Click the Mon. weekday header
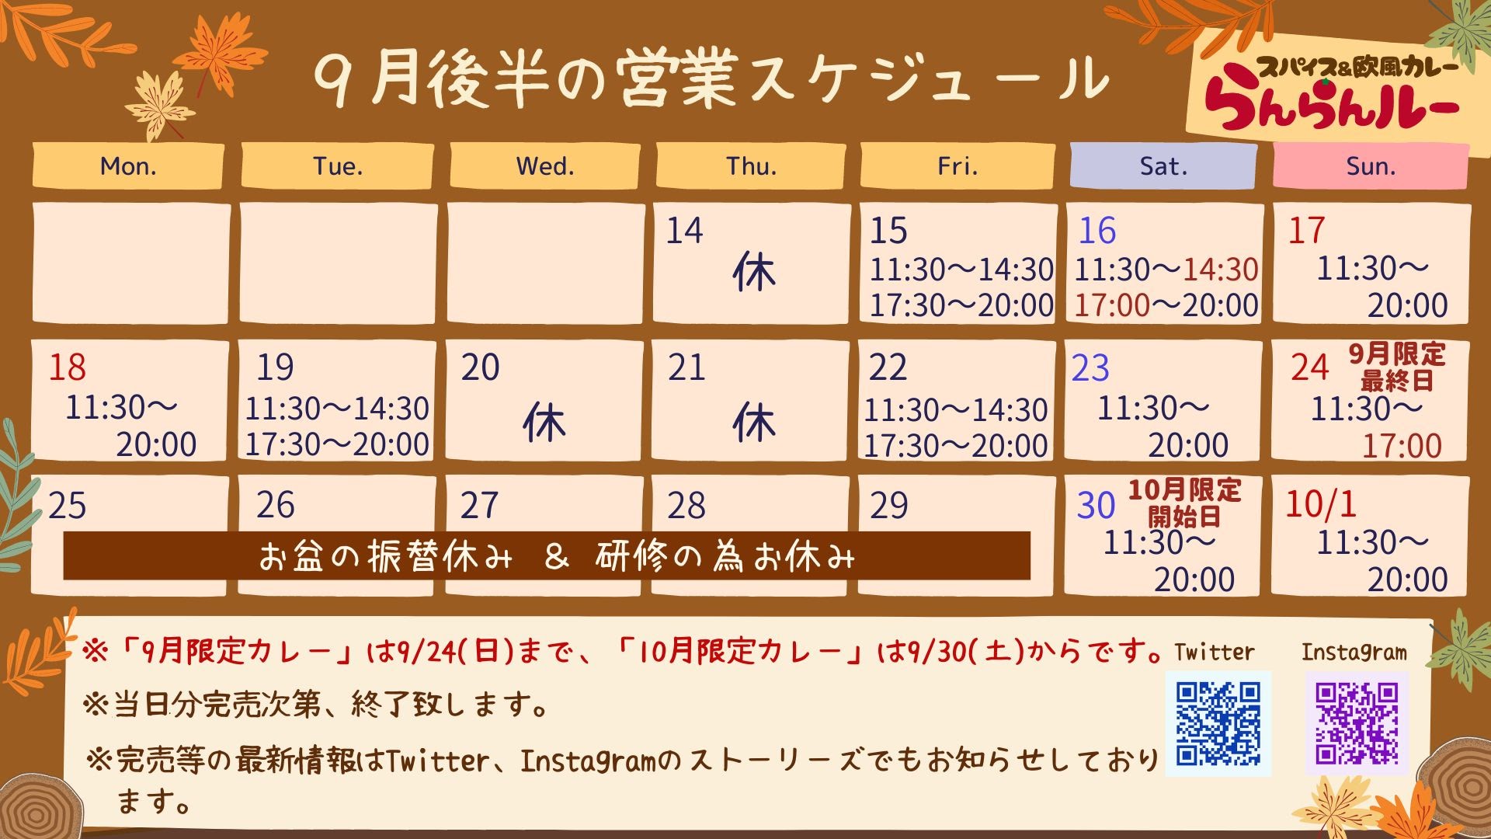pyautogui.click(x=128, y=165)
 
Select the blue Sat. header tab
pyautogui.click(x=1163, y=165)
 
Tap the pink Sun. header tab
pyautogui.click(x=1371, y=165)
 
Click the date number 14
pyautogui.click(x=684, y=231)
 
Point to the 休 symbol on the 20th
pyautogui.click(x=544, y=423)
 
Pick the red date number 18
pyautogui.click(x=67, y=367)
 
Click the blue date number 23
pyautogui.click(x=1090, y=368)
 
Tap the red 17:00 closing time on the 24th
pyautogui.click(x=1402, y=446)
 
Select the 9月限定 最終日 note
pyautogui.click(x=1396, y=367)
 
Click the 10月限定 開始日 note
pyautogui.click(x=1184, y=503)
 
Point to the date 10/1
pyautogui.click(x=1320, y=504)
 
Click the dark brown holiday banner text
pyautogui.click(x=556, y=556)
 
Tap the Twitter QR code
pyautogui.click(x=1218, y=723)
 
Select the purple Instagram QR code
pyautogui.click(x=1357, y=723)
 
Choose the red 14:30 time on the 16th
pyautogui.click(x=1220, y=270)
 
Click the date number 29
pyautogui.click(x=888, y=506)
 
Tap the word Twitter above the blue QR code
pyautogui.click(x=1214, y=652)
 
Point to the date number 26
pyautogui.click(x=275, y=505)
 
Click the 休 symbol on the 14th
pyautogui.click(x=753, y=273)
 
